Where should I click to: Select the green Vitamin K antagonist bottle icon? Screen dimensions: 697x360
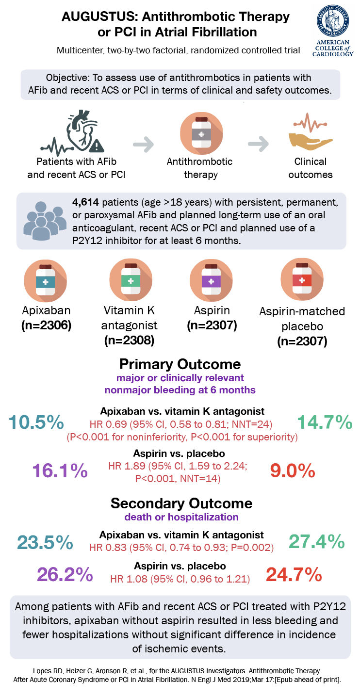pos(129,280)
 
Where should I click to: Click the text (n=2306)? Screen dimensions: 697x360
pos(47,325)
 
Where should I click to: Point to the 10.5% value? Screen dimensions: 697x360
pos(35,422)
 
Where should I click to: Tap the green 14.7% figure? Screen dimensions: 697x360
pos(324,422)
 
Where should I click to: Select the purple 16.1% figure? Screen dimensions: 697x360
pos(60,470)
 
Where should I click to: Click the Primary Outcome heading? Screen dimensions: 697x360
pos(180,364)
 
